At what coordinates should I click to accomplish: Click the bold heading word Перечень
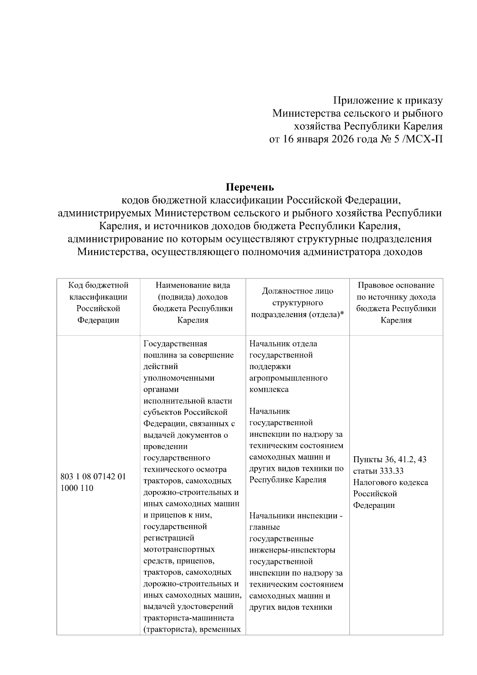point(250,187)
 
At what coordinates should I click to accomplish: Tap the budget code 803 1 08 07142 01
point(93,477)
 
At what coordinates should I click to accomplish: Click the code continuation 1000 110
point(77,488)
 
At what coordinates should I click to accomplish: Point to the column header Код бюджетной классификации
point(98,291)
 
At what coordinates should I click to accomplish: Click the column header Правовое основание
point(396,285)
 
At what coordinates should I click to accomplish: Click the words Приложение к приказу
point(388,101)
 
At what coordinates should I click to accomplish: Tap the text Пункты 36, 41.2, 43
point(390,459)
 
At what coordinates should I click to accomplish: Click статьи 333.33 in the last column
point(378,471)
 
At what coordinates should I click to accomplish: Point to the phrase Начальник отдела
point(283,344)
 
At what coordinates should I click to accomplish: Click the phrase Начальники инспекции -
point(296,516)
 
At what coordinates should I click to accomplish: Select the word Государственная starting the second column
point(175,344)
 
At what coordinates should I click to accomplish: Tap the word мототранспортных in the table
point(179,550)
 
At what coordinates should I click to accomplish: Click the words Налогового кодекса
point(390,482)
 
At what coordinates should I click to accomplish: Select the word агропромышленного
point(288,378)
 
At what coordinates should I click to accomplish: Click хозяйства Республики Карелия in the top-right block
point(368,127)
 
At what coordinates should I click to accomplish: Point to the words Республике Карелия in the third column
point(288,480)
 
